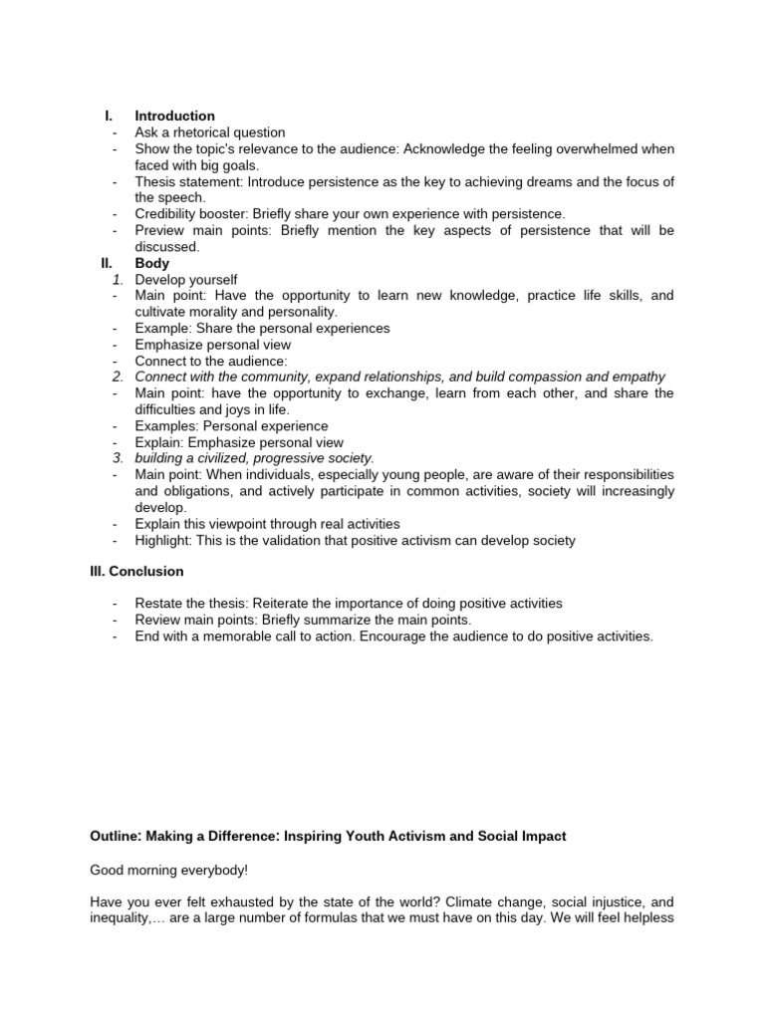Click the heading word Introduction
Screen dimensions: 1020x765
[174, 117]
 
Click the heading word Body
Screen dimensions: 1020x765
[152, 264]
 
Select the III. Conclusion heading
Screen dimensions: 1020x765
[136, 572]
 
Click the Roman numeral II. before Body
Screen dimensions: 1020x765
[108, 264]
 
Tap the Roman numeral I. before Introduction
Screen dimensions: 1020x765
[111, 117]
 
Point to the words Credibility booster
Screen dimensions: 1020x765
[191, 214]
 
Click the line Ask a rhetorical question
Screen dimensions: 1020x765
[210, 132]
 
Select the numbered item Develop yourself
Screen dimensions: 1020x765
[186, 280]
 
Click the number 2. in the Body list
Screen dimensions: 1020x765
[118, 377]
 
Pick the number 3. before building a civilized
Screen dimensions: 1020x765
[118, 458]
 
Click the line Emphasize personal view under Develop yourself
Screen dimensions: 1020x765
[213, 345]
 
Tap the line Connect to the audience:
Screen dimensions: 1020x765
[211, 361]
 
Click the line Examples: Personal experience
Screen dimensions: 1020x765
[231, 426]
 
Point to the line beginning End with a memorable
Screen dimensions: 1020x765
[394, 637]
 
